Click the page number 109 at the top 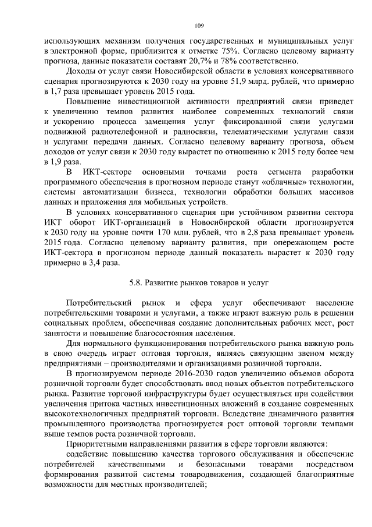[x=199, y=26]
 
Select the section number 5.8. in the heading [x=137, y=284]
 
